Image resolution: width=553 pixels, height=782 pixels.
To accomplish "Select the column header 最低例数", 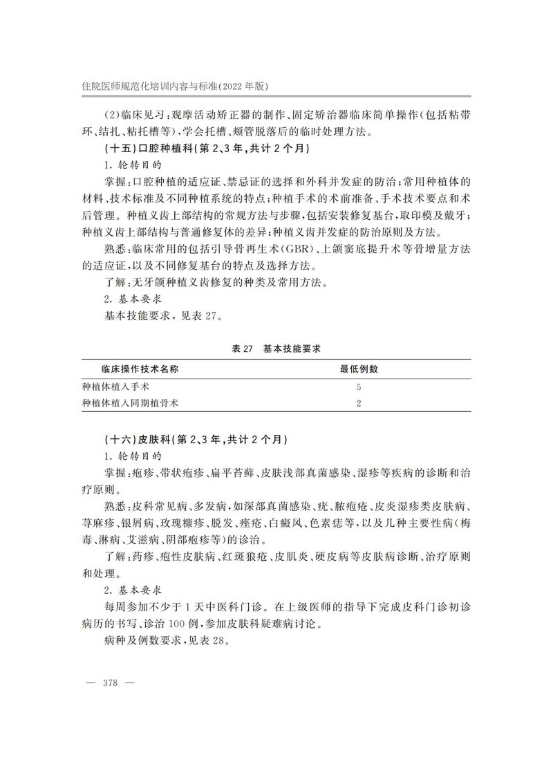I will point(359,369).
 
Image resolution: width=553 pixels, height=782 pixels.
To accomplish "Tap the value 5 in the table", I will point(359,387).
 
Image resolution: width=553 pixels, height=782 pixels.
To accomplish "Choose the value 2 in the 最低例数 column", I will point(359,403).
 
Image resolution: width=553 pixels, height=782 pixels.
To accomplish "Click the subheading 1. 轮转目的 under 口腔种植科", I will point(133,165).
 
